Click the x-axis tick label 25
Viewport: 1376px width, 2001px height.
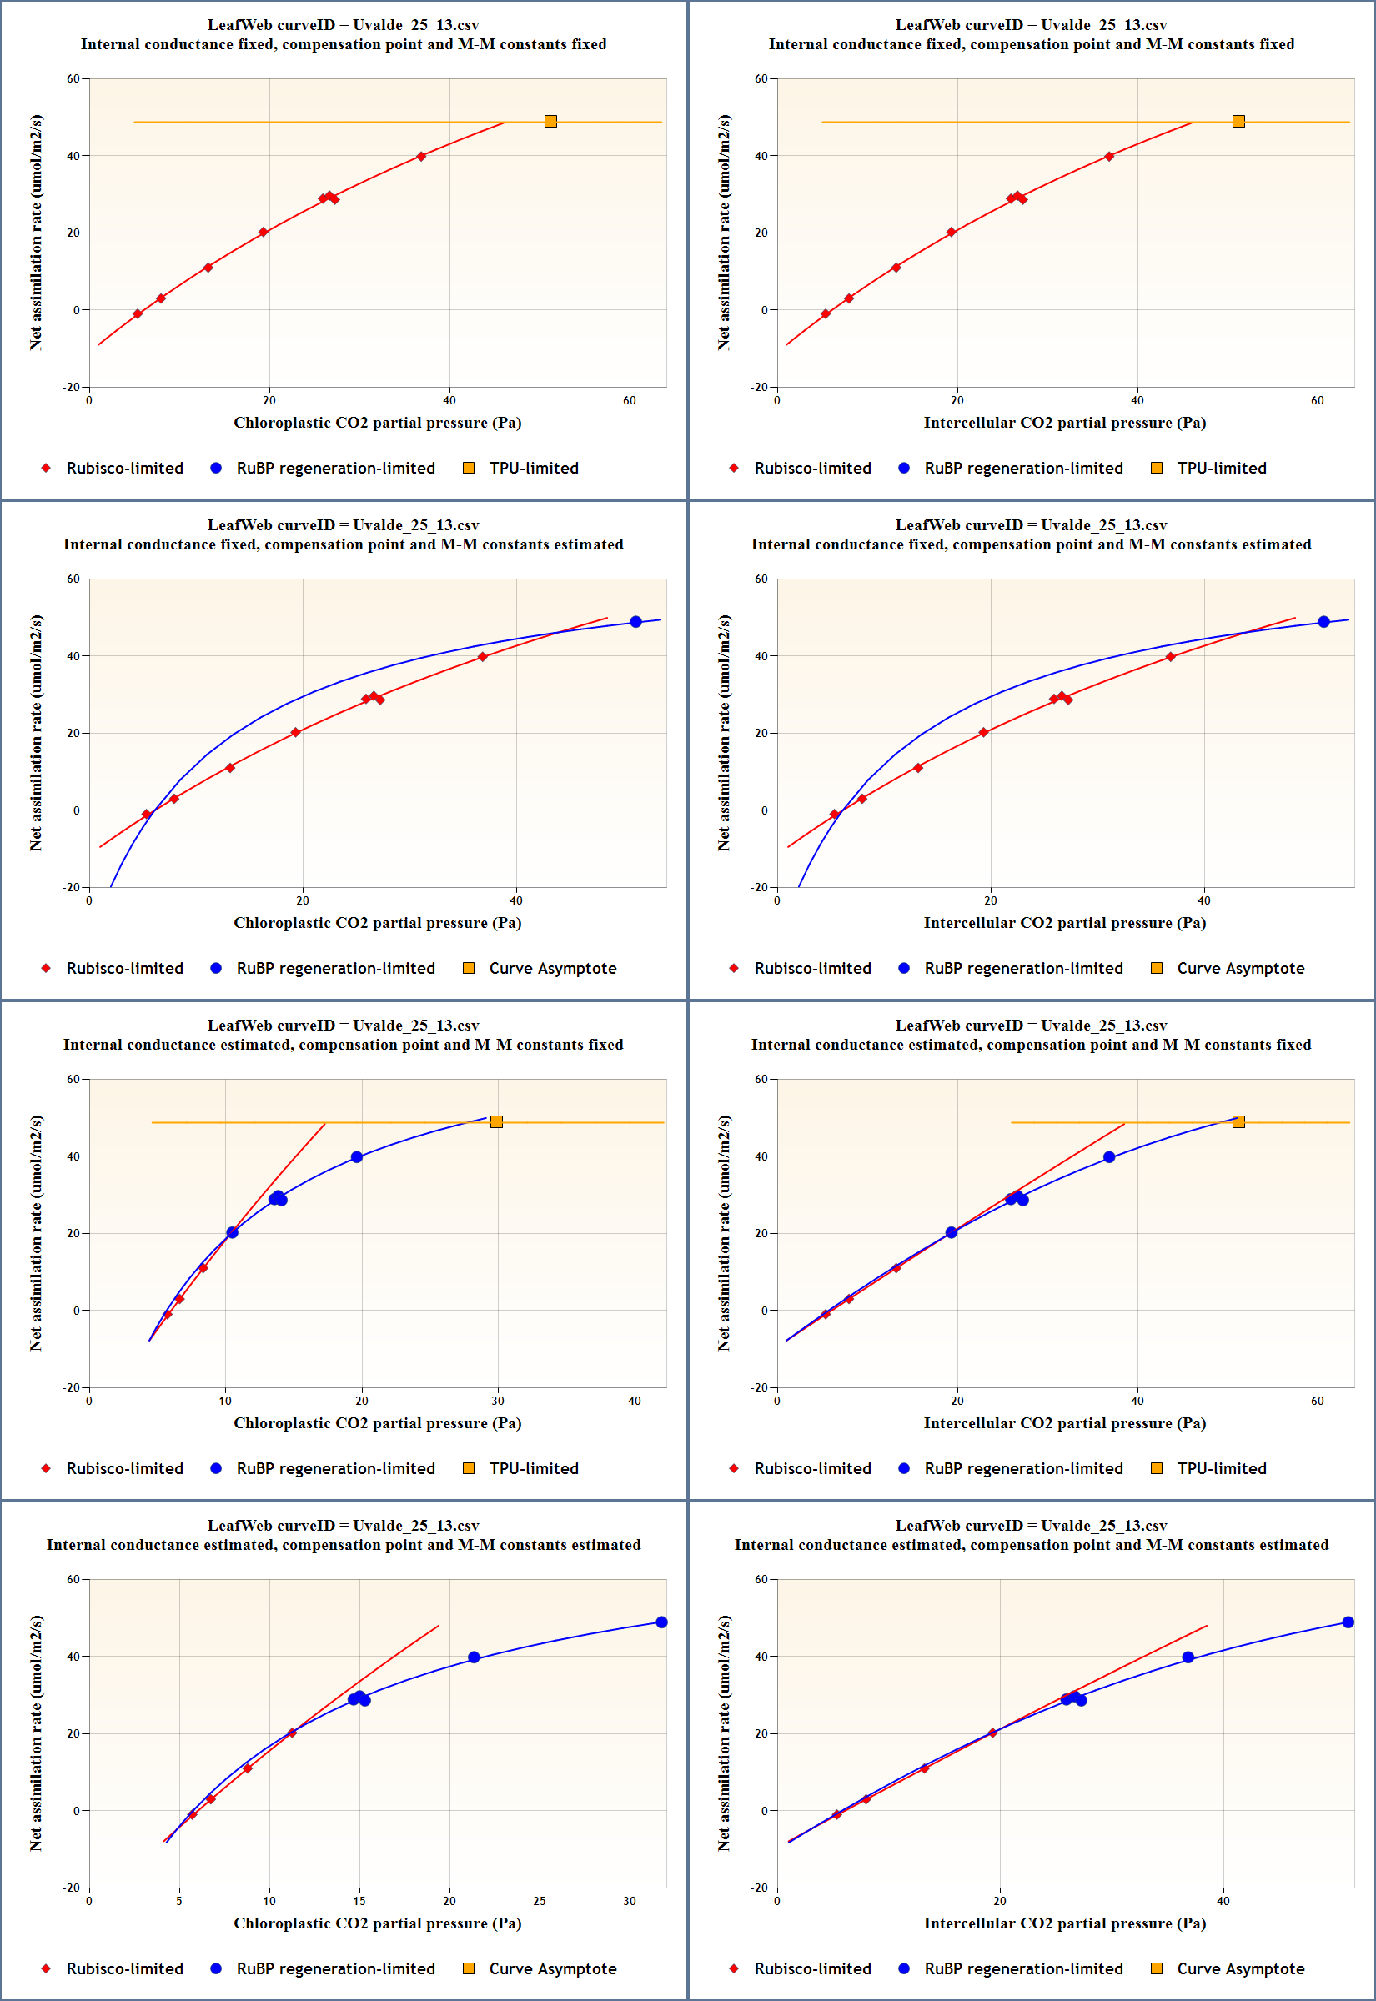tap(539, 1901)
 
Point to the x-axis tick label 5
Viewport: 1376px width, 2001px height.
tap(179, 1901)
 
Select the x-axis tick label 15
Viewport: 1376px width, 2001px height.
tap(359, 1901)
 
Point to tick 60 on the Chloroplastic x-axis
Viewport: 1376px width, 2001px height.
tap(630, 401)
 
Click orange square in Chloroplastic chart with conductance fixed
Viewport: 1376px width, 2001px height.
tap(551, 122)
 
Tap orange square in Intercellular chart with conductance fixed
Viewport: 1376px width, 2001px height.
tap(1238, 122)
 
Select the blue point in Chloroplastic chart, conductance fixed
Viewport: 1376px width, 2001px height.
tap(635, 622)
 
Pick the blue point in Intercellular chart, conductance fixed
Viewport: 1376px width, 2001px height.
tap(1323, 622)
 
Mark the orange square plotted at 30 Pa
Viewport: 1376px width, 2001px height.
tap(496, 1122)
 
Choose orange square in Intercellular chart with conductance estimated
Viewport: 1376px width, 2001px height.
tap(1238, 1122)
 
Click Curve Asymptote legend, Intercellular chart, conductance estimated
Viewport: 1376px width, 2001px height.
tap(1240, 1969)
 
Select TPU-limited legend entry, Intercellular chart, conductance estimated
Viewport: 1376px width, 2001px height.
tap(1221, 1468)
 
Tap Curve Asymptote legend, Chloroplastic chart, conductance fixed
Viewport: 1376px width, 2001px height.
tap(552, 969)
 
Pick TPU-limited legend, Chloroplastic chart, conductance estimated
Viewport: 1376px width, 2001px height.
tap(533, 1468)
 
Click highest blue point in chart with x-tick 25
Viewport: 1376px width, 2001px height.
tap(661, 1622)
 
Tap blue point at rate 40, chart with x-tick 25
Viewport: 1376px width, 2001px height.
tap(474, 1658)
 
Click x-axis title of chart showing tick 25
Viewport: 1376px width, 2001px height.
tap(377, 1923)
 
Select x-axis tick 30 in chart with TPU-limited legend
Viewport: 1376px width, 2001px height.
tap(499, 1402)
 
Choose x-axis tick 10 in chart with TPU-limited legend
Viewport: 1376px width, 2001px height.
tap(225, 1402)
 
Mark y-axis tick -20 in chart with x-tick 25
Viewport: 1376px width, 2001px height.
tap(71, 1888)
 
